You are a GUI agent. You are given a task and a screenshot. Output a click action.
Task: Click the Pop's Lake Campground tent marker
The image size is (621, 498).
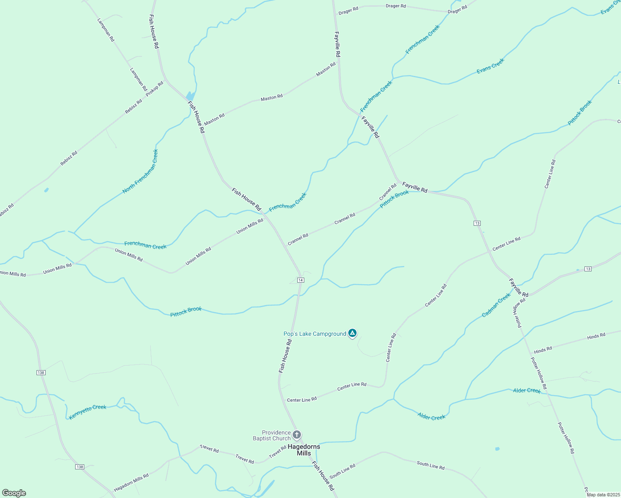tap(352, 333)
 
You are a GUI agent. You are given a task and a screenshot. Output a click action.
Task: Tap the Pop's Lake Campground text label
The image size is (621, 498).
tap(315, 334)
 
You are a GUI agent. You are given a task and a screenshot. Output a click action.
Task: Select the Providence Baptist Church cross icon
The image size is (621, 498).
tap(297, 435)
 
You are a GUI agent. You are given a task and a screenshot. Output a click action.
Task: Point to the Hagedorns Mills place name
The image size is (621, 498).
tap(304, 450)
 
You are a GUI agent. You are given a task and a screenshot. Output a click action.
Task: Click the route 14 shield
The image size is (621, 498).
tap(301, 280)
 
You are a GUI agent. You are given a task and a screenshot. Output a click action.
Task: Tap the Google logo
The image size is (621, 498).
tap(14, 493)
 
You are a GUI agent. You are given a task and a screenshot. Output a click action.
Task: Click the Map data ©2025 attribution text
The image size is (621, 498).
tap(602, 495)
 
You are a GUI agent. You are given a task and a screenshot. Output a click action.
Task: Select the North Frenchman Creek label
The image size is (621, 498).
tap(140, 171)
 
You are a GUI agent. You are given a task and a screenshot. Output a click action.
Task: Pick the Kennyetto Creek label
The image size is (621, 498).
tap(88, 412)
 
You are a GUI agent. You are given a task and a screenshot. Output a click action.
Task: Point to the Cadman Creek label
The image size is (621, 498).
tap(496, 305)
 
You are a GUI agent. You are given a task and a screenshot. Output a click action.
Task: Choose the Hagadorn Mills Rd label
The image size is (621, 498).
tap(131, 482)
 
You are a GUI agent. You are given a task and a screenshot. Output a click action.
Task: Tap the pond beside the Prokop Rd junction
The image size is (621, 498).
tap(190, 96)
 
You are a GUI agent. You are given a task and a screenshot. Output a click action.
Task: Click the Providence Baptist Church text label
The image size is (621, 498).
tap(272, 435)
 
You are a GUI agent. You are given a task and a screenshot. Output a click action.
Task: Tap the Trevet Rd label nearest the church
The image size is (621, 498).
tap(278, 452)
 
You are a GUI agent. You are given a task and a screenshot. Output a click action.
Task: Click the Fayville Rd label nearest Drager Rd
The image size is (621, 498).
tap(337, 44)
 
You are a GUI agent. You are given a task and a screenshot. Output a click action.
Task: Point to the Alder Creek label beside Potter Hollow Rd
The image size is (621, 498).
tap(527, 391)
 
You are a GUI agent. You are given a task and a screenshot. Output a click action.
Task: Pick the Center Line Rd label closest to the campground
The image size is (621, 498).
tap(391, 348)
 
